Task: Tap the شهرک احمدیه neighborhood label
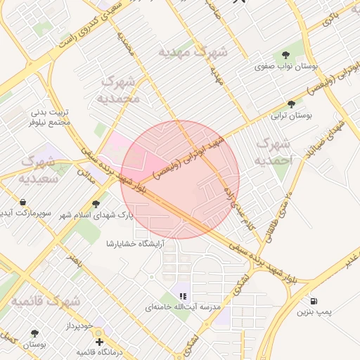[274, 152]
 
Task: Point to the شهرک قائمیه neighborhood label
[45, 302]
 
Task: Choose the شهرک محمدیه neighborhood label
[121, 88]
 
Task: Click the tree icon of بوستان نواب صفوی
[286, 55]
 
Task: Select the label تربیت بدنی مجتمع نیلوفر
[51, 117]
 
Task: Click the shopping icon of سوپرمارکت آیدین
[44, 202]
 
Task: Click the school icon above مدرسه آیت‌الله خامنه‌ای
[184, 296]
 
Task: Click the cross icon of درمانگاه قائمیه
[99, 342]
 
